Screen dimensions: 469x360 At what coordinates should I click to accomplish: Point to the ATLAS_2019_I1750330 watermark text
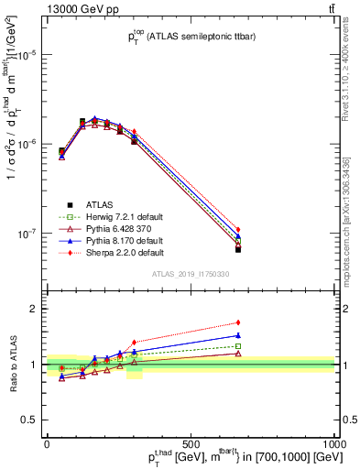(190, 274)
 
